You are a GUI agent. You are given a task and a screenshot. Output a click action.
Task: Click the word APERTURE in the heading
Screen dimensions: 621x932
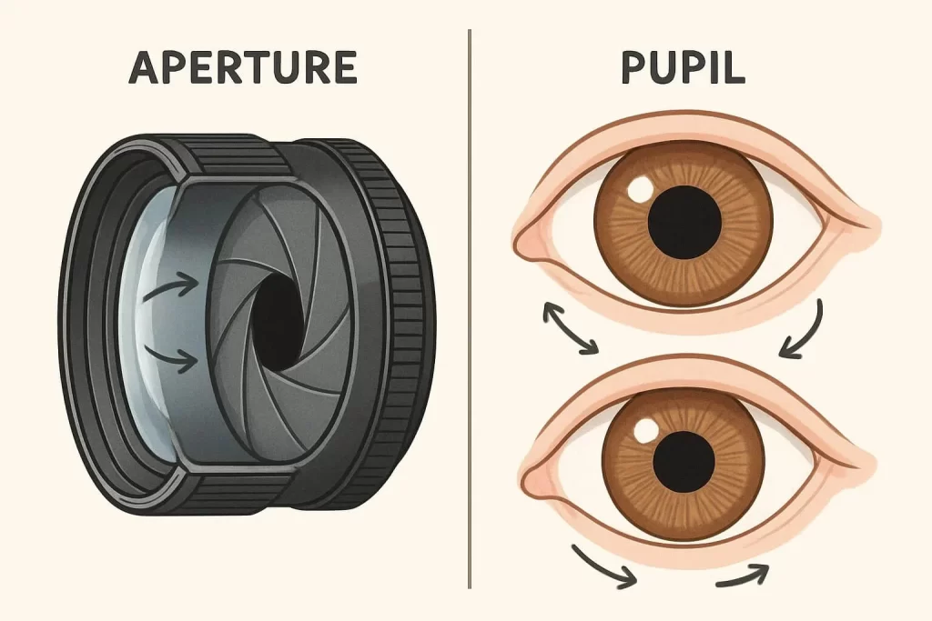[242, 67]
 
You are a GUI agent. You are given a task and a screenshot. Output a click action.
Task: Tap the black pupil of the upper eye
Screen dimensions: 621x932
[684, 221]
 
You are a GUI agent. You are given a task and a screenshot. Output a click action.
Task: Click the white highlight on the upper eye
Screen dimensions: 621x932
[641, 189]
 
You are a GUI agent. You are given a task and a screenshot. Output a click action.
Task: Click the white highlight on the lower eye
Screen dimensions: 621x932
[648, 428]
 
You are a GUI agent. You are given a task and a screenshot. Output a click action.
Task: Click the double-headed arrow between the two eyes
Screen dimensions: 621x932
[570, 329]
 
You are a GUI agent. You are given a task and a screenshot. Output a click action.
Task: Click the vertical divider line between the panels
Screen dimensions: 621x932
[469, 309]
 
